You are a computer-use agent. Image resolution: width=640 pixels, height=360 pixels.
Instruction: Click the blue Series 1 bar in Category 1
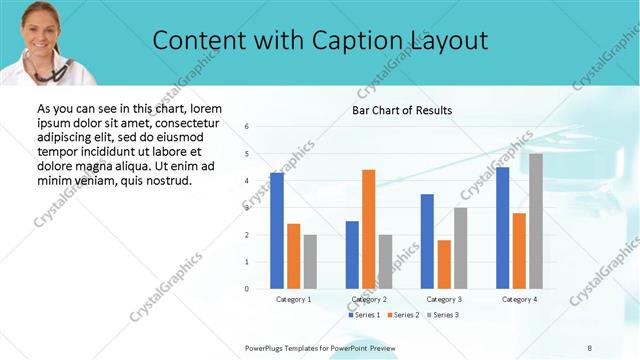pos(277,230)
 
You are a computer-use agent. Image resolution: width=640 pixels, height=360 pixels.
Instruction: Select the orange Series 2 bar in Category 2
pos(368,229)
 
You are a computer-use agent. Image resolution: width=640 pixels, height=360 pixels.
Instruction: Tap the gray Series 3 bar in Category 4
pos(536,221)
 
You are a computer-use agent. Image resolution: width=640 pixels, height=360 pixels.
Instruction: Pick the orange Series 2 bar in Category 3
pos(444,264)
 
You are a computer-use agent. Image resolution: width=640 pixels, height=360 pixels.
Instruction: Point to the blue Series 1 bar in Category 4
pos(502,227)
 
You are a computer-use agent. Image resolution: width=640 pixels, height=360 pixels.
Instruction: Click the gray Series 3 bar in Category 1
pos(310,261)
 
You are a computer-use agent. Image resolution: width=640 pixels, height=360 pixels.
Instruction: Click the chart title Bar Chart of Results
pos(402,110)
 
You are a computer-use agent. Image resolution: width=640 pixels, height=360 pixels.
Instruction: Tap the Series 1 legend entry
pos(365,315)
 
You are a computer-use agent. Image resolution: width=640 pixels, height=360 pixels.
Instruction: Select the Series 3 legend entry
pos(444,315)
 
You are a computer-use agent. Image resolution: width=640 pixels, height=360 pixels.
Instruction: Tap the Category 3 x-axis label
pos(443,299)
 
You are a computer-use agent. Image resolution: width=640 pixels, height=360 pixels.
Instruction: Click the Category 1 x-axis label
pos(293,299)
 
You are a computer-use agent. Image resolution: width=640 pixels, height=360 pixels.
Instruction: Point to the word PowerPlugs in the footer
pos(266,347)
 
